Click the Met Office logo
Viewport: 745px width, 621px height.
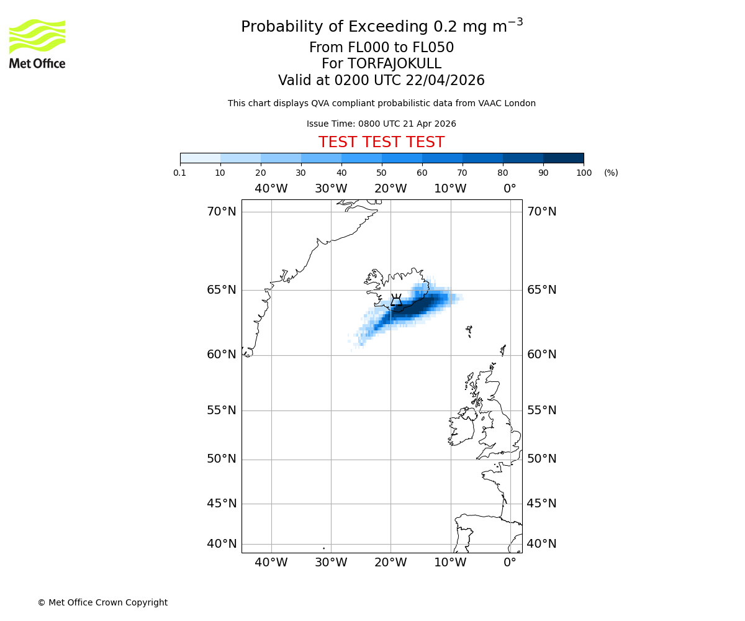pyautogui.click(x=37, y=43)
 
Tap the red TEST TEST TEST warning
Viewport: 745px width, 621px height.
pyautogui.click(x=381, y=143)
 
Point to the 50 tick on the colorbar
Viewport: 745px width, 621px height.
pyautogui.click(x=381, y=173)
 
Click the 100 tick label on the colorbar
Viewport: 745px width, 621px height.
pyautogui.click(x=584, y=173)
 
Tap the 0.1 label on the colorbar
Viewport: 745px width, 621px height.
pyautogui.click(x=180, y=173)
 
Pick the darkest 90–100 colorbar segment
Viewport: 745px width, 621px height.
pyautogui.click(x=563, y=158)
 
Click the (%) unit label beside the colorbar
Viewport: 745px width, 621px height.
pyautogui.click(x=611, y=173)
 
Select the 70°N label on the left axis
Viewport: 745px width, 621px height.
pyautogui.click(x=222, y=212)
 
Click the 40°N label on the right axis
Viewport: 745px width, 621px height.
pyautogui.click(x=541, y=544)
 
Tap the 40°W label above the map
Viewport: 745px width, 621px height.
pyautogui.click(x=271, y=189)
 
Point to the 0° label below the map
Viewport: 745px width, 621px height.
pyautogui.click(x=510, y=563)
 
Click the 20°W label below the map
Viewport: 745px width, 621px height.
pyautogui.click(x=391, y=563)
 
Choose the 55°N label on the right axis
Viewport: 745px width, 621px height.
pyautogui.click(x=541, y=410)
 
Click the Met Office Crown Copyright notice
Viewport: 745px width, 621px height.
pyautogui.click(x=102, y=602)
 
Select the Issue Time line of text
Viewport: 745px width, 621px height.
pyautogui.click(x=381, y=124)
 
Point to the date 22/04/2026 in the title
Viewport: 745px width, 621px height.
pyautogui.click(x=445, y=81)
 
